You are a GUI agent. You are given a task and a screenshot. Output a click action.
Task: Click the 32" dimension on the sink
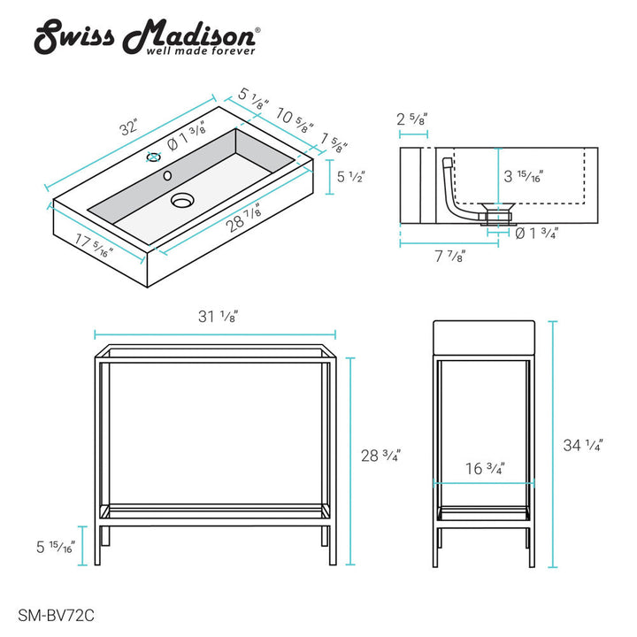(129, 127)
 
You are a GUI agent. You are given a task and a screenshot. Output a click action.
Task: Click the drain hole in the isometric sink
(182, 201)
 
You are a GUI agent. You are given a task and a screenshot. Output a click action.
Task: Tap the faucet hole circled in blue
(154, 158)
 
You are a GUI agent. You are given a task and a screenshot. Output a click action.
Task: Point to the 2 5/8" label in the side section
(413, 119)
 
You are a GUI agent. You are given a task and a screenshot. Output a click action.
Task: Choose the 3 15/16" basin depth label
(524, 176)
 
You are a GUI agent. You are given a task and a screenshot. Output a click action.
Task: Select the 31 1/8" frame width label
(217, 316)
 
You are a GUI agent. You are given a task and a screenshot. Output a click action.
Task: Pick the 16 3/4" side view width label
(485, 470)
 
